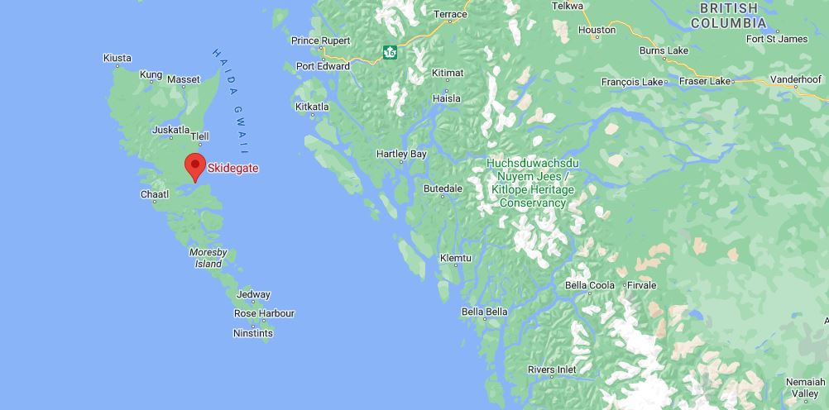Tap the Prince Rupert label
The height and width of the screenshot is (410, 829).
click(x=320, y=41)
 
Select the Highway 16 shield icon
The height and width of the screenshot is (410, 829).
click(x=390, y=53)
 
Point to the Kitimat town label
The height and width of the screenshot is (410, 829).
click(x=448, y=74)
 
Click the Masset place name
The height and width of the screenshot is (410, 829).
click(x=184, y=79)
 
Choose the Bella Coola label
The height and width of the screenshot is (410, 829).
click(x=589, y=286)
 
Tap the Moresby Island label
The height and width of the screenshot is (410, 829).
click(x=208, y=258)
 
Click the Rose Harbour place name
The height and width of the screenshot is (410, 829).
click(x=264, y=314)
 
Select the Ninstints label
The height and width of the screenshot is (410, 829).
click(x=252, y=333)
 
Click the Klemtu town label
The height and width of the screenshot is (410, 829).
click(x=456, y=259)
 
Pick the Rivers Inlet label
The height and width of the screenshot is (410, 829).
click(x=553, y=369)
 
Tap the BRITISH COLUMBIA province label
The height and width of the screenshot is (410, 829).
click(x=729, y=15)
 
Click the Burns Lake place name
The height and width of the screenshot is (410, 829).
click(x=664, y=51)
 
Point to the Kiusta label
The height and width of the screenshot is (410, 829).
click(x=117, y=58)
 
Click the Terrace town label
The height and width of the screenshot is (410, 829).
click(x=450, y=15)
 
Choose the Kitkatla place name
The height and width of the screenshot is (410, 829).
click(x=312, y=107)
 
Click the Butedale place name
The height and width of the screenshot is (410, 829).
click(x=443, y=188)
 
